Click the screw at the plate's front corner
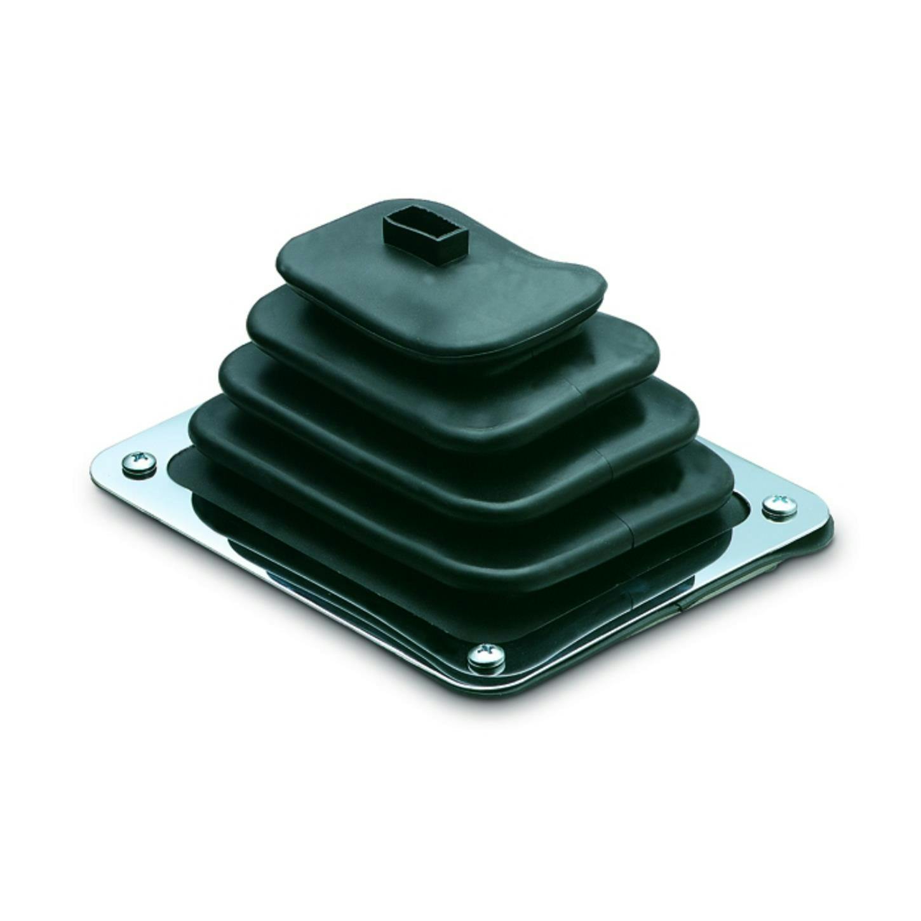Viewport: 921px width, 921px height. point(486,657)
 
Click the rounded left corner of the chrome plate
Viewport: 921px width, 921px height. point(102,460)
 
